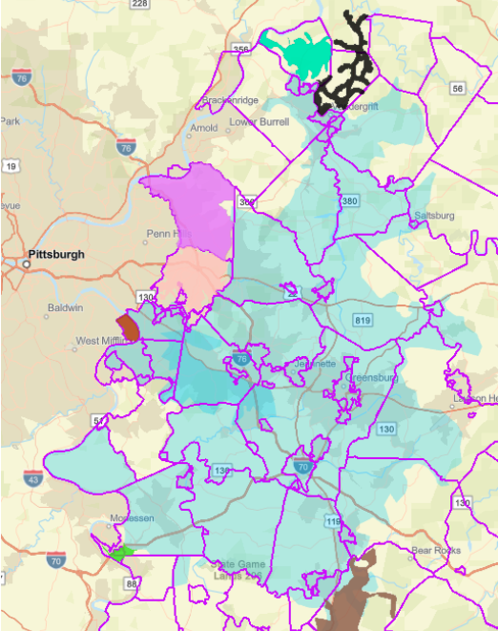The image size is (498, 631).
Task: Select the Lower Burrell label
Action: click(x=259, y=122)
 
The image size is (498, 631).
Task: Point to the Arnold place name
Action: click(x=205, y=127)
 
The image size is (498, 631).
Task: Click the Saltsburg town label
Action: click(x=433, y=217)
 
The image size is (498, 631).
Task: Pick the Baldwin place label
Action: click(x=66, y=308)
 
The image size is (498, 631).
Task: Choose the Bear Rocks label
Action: click(x=435, y=551)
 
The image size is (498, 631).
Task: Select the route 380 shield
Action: click(x=350, y=201)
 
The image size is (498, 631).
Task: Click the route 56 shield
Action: click(x=458, y=88)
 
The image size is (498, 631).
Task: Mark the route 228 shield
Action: click(x=139, y=5)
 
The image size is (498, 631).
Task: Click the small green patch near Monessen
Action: click(x=120, y=552)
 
